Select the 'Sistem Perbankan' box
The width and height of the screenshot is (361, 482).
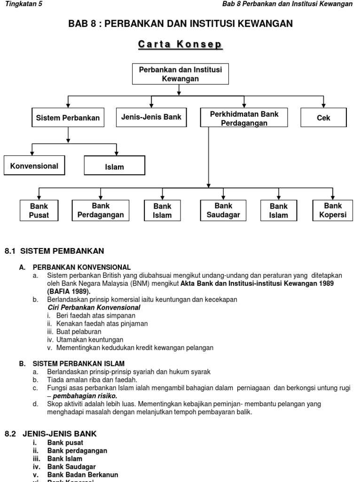click(68, 118)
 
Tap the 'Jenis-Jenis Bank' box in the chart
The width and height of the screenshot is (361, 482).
click(151, 117)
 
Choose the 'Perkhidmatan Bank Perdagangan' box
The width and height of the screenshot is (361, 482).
click(244, 118)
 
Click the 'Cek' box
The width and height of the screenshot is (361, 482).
click(323, 118)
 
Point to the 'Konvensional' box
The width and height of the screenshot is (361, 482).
click(34, 166)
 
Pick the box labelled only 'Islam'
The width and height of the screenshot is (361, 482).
click(115, 167)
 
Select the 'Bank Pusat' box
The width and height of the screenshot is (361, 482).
click(39, 211)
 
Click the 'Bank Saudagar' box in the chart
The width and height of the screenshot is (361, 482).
click(223, 210)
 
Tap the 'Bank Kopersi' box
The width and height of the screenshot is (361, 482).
click(333, 210)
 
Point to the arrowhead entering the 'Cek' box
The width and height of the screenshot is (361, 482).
click(323, 105)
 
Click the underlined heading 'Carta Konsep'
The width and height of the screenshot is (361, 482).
click(180, 45)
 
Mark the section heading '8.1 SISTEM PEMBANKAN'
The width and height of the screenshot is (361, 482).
click(54, 250)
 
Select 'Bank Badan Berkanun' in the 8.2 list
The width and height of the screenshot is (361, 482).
click(82, 474)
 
